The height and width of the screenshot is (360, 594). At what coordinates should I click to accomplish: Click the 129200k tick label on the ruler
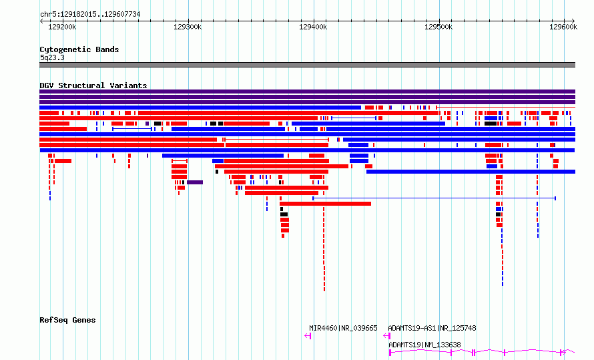tap(62, 27)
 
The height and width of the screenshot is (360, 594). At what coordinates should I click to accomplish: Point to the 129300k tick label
tap(188, 27)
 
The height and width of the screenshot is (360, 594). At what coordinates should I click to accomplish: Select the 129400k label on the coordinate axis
tap(313, 27)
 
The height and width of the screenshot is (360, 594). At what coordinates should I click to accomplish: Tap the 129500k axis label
tap(438, 27)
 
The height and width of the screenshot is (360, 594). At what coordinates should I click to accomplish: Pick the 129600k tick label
tap(563, 27)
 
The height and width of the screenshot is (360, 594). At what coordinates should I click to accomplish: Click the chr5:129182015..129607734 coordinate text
tap(90, 15)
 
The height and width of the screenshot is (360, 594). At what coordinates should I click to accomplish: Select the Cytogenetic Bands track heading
tap(79, 49)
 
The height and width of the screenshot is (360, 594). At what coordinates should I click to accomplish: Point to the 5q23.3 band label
tap(52, 57)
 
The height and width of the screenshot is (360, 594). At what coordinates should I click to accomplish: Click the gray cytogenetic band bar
tap(307, 65)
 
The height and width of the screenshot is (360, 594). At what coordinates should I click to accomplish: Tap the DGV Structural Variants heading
tap(93, 85)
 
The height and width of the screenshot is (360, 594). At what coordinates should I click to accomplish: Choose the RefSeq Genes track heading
tap(67, 320)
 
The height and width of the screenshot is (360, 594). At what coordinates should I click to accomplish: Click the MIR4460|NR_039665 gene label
tap(343, 328)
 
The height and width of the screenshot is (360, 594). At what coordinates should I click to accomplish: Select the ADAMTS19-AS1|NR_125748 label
tap(432, 328)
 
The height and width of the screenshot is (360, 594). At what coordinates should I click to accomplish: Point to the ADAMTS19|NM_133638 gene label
tap(424, 345)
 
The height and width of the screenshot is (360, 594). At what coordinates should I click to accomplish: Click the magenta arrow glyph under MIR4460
tap(308, 336)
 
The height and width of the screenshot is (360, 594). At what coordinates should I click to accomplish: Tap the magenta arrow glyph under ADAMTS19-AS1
tap(387, 336)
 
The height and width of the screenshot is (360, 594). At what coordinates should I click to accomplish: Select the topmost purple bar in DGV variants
tap(307, 92)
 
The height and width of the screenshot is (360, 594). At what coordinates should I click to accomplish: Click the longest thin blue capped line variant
tap(434, 198)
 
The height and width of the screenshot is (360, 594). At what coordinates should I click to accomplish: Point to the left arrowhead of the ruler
tap(41, 21)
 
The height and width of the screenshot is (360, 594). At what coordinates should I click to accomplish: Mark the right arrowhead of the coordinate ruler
tap(573, 21)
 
